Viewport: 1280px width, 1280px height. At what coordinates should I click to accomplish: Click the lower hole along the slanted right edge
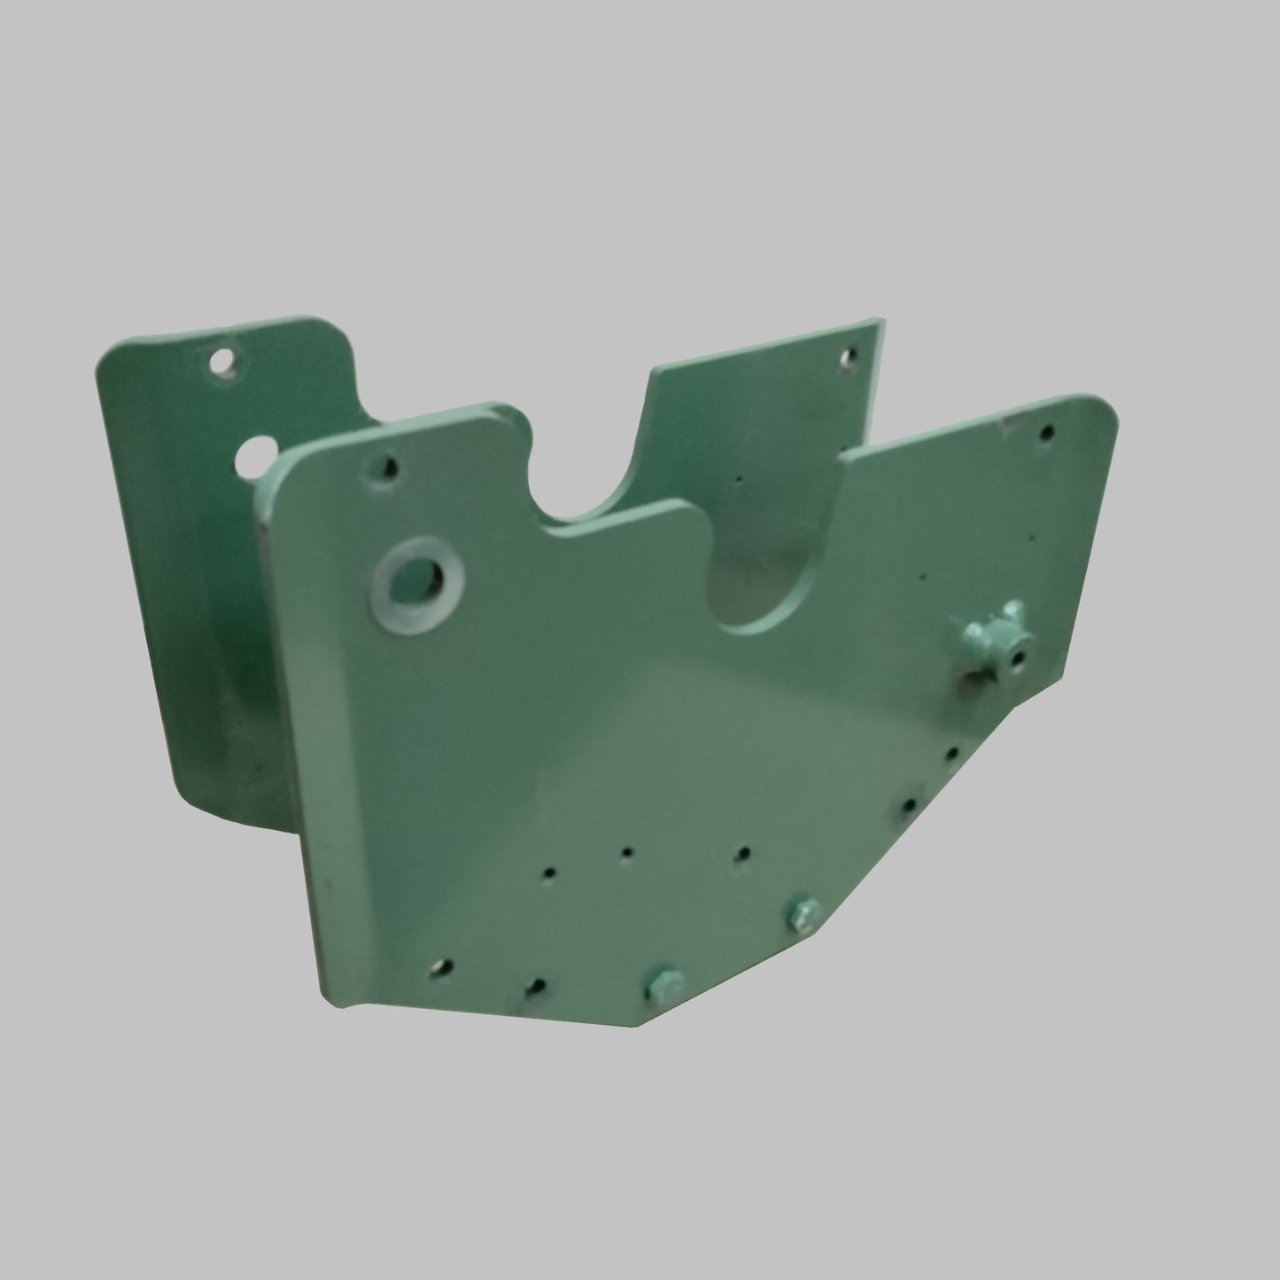click(x=910, y=804)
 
